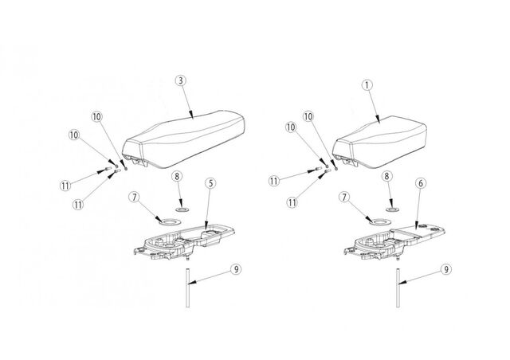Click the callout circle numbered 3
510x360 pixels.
pos(181,80)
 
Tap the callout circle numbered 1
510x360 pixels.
pos(367,85)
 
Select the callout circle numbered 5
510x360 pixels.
pos(210,183)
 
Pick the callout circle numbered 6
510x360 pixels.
pos(421,183)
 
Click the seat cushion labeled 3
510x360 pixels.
pos(184,140)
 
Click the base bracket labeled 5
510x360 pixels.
pos(185,241)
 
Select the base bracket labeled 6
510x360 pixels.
pos(394,241)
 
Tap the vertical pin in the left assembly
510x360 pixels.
pos(188,288)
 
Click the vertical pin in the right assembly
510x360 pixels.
pos(398,288)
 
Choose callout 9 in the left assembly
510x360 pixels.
pos(236,269)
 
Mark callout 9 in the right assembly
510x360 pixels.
pos(446,269)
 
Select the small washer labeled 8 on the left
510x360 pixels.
pos(182,209)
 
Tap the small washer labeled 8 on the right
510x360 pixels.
pos(391,209)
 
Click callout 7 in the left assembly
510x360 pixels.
pos(134,197)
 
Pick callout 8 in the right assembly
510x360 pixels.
pos(386,176)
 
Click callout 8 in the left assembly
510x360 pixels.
pos(177,177)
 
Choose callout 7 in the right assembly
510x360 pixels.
pos(343,197)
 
